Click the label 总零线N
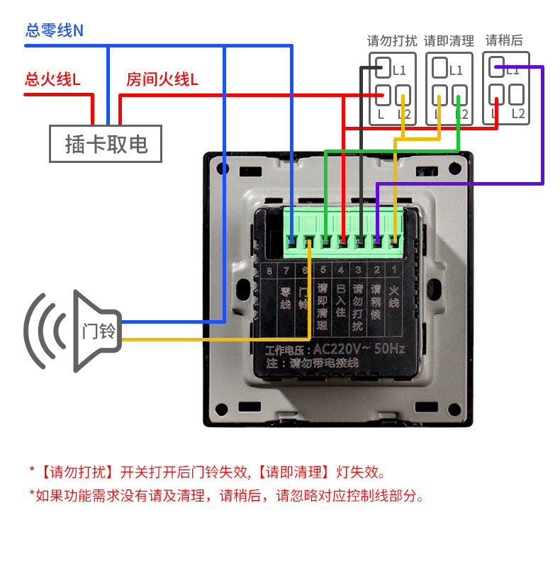pos(54,30)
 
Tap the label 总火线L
pos(52,79)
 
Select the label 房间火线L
pos(162,79)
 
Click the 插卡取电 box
pos(106,144)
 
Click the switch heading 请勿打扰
pos(392,40)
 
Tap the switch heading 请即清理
pos(449,40)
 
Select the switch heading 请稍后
pos(504,40)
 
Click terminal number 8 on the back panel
pos(269,270)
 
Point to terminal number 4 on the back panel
pos(340,270)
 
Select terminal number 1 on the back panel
pos(395,270)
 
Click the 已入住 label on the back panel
pos(340,302)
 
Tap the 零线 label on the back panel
pos(286,297)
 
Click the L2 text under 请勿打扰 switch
pos(404,114)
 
